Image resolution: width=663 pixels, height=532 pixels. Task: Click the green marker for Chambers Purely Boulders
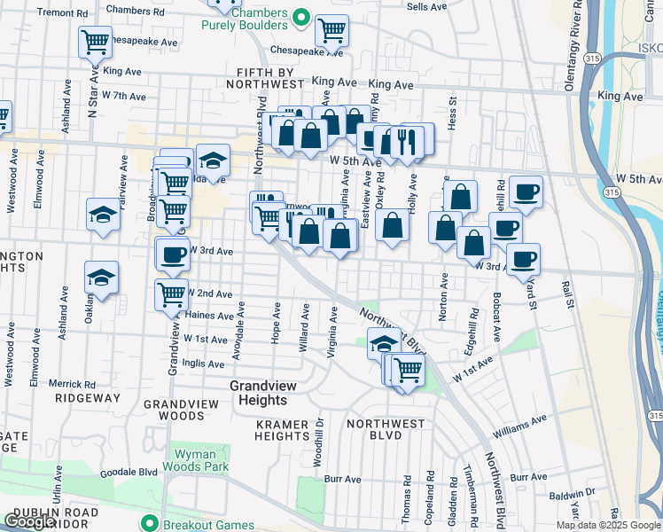pos(300,16)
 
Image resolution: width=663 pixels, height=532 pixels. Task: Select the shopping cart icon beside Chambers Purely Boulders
pos(331,30)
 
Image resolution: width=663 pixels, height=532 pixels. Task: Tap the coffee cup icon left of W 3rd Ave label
pos(172,254)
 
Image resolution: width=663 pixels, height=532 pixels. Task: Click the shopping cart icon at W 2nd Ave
pos(171,293)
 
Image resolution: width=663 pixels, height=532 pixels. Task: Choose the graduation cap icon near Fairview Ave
pos(103,215)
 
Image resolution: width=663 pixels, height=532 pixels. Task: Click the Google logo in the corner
pos(30,521)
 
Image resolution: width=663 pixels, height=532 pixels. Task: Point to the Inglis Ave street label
pos(203,364)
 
